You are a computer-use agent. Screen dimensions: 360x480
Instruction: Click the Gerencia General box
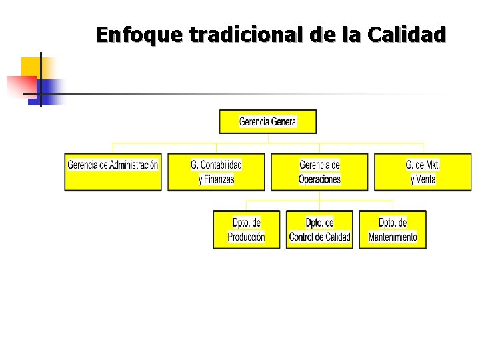coord(268,121)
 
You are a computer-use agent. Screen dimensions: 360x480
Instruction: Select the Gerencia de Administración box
coord(113,172)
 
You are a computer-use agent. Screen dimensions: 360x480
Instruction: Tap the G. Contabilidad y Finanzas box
coord(216,172)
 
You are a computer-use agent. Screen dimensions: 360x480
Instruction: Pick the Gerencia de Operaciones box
coord(319,172)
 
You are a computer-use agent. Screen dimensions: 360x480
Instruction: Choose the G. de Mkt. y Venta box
coord(423,172)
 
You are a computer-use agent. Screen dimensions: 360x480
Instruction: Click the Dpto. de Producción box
coord(246,229)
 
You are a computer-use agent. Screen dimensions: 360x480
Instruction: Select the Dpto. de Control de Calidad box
coord(319,229)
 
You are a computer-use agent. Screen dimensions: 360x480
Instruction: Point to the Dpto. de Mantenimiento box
coord(393,229)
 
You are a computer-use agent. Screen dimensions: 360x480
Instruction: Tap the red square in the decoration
coord(19,85)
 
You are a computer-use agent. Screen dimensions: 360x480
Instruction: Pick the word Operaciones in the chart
coord(319,179)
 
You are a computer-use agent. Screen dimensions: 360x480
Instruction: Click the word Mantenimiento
coord(393,237)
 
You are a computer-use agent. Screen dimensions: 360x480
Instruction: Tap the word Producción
coord(246,237)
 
